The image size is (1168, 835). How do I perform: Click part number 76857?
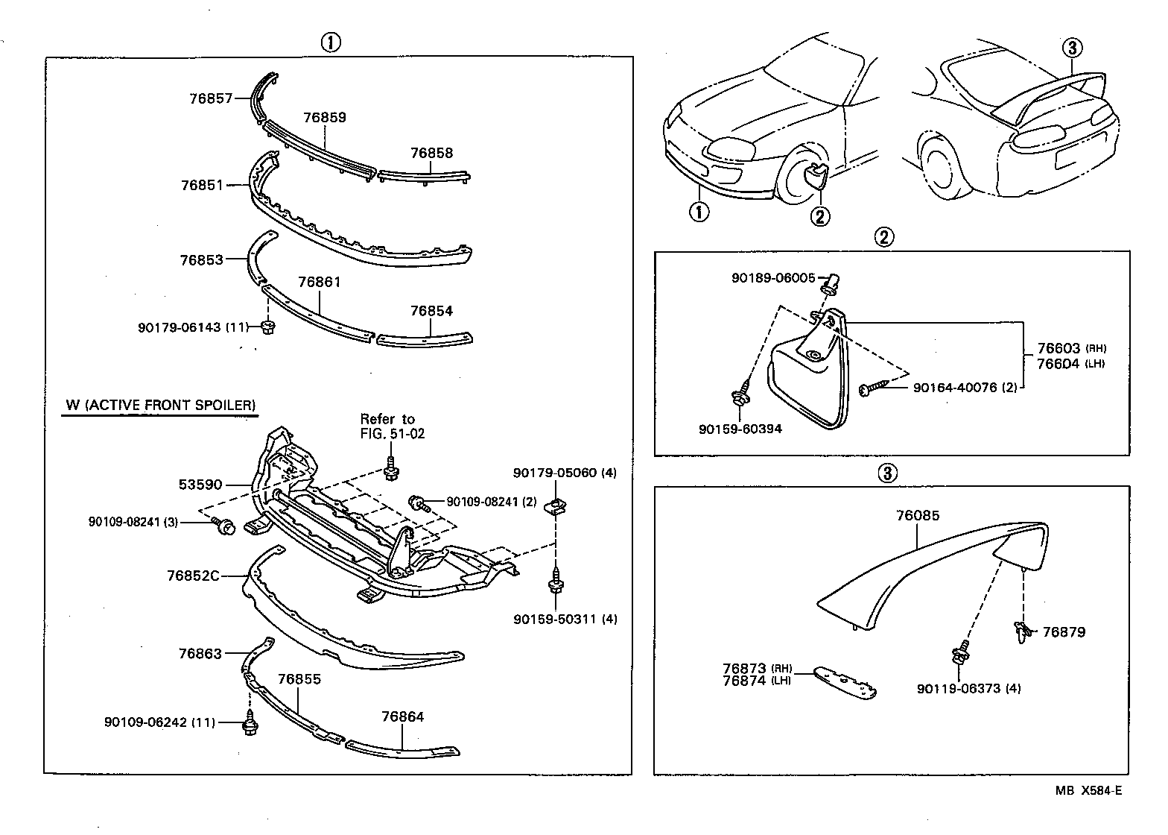tap(211, 98)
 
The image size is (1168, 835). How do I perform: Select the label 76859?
tap(325, 118)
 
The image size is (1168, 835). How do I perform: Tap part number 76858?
tap(431, 154)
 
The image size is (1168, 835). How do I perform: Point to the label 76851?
tap(202, 185)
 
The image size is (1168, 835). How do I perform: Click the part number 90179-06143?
tap(180, 327)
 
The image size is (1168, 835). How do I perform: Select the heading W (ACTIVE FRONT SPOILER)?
tap(161, 406)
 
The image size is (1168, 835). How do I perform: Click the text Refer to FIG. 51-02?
tap(392, 426)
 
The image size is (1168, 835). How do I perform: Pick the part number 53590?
tap(200, 485)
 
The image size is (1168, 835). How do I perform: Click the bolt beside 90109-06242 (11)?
tap(250, 725)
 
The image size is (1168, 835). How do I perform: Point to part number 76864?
tap(402, 717)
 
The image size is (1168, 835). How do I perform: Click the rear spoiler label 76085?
tap(918, 515)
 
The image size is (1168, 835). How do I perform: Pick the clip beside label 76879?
tap(1023, 631)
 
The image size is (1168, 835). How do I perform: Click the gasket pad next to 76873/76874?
tap(844, 682)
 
